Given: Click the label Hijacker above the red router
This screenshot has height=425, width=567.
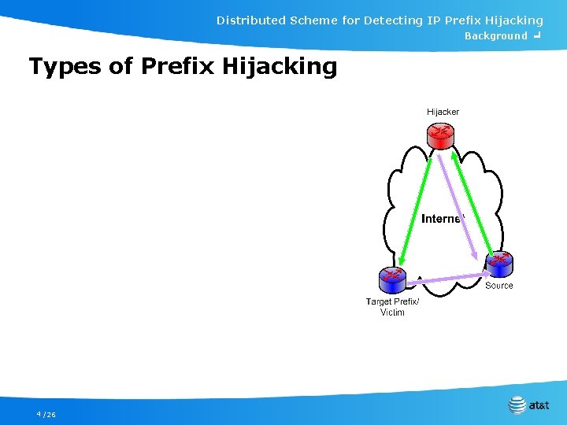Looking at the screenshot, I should tap(443, 112).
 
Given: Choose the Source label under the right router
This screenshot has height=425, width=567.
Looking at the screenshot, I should tap(498, 286).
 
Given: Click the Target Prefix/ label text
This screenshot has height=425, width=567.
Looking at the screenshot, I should tap(392, 301).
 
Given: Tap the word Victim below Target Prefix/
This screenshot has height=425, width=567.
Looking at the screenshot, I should tap(392, 312).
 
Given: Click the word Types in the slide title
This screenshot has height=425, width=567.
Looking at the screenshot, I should tap(65, 66).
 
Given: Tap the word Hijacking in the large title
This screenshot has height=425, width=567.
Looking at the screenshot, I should tap(280, 66).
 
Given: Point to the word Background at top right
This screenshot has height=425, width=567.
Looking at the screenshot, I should tap(495, 36).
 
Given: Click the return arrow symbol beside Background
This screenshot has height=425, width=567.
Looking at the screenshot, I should tap(536, 35).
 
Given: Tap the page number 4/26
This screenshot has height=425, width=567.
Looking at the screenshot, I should tap(46, 414).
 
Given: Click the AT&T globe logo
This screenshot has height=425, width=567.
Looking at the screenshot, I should tap(517, 405).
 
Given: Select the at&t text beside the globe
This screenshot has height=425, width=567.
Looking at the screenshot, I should tap(539, 406).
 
